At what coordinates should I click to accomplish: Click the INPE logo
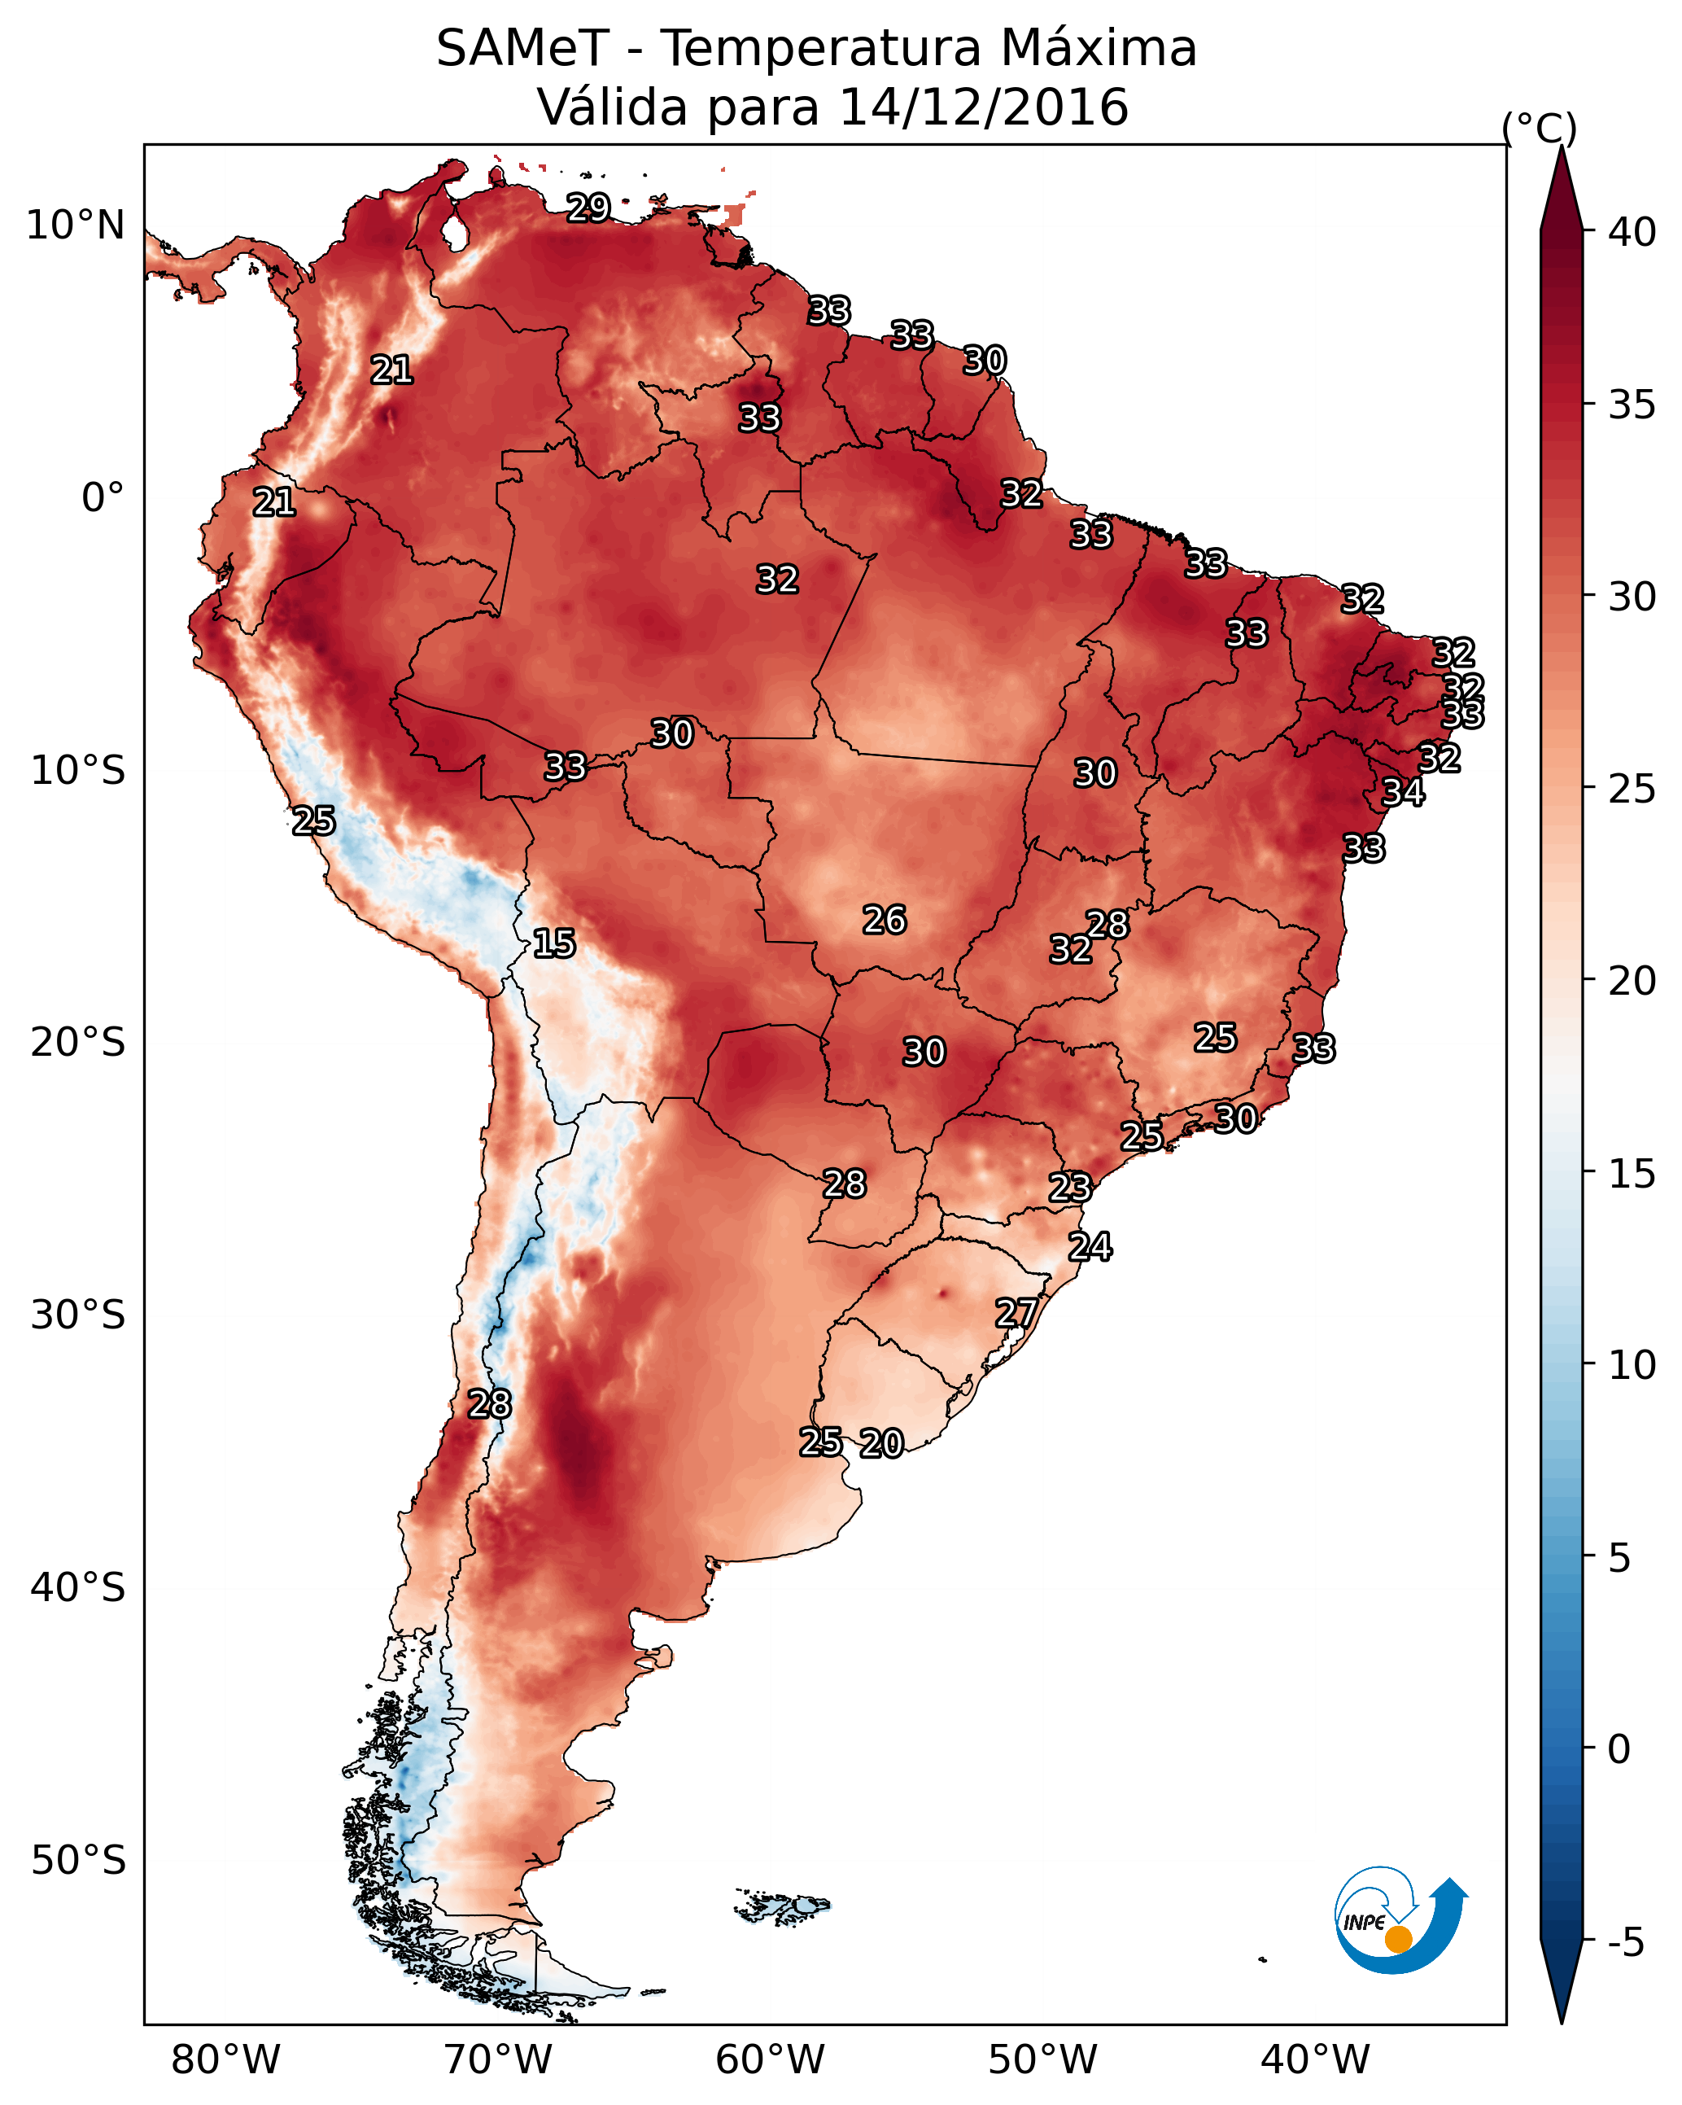pyautogui.click(x=1401, y=1924)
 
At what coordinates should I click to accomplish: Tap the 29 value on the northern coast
pyautogui.click(x=588, y=208)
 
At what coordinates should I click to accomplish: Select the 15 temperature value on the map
pyautogui.click(x=554, y=943)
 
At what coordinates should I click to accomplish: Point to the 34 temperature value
pyautogui.click(x=1403, y=792)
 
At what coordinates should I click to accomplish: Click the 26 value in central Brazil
pyautogui.click(x=885, y=920)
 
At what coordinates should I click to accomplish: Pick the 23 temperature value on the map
pyautogui.click(x=1070, y=1188)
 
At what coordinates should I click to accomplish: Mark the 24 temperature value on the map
pyautogui.click(x=1090, y=1247)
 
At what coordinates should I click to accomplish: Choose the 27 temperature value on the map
pyautogui.click(x=1017, y=1313)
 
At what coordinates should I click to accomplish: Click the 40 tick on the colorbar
pyautogui.click(x=1632, y=232)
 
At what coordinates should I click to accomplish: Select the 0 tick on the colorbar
pyautogui.click(x=1619, y=1749)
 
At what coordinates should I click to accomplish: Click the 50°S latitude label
pyautogui.click(x=78, y=1861)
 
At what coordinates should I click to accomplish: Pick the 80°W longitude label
pyautogui.click(x=225, y=2060)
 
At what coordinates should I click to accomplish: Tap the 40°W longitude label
pyautogui.click(x=1315, y=2060)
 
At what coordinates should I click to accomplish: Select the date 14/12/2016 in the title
pyautogui.click(x=983, y=107)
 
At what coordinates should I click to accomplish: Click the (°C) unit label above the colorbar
pyautogui.click(x=1540, y=128)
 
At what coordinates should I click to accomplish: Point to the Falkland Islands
pyautogui.click(x=782, y=1906)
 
